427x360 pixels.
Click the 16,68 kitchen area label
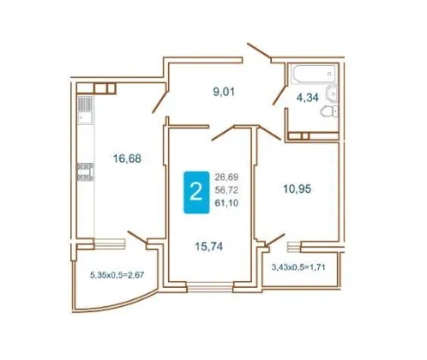coord(127,158)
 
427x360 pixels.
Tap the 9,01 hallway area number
coord(224,92)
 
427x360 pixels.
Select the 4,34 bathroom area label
coord(308,98)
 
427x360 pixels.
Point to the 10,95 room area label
coord(297,189)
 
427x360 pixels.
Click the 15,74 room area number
coord(209,246)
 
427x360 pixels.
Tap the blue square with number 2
coord(196,192)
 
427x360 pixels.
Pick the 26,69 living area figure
coord(226,177)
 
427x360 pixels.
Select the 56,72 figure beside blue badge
coord(226,190)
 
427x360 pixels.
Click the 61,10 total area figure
coord(226,203)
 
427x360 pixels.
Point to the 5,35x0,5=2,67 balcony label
coord(117,275)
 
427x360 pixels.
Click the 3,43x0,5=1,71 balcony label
coord(298,267)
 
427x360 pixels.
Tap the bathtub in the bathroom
coord(314,74)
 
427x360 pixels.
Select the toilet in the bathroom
coord(329,111)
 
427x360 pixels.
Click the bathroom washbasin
coord(332,93)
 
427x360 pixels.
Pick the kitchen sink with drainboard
coord(85,110)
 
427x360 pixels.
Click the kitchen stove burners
coord(85,171)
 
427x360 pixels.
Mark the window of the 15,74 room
coord(210,287)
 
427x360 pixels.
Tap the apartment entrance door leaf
coord(259,51)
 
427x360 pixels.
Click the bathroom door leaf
coord(280,94)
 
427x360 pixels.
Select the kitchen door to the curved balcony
coord(137,237)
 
